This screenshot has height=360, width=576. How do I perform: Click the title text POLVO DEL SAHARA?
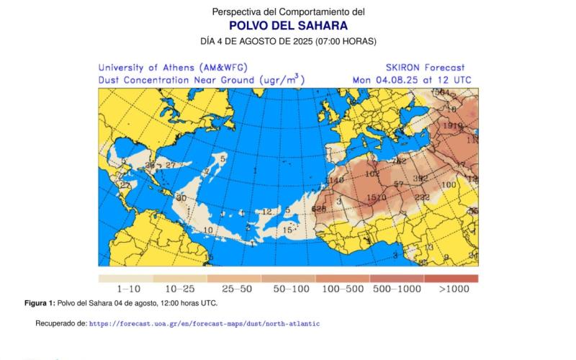(288, 26)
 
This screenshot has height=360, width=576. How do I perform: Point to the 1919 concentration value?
(452, 126)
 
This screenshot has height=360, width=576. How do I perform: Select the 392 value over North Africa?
(420, 179)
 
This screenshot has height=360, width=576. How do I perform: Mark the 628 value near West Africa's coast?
(320, 209)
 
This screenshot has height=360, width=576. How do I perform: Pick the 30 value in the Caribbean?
(181, 198)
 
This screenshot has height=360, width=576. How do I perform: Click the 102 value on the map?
(372, 174)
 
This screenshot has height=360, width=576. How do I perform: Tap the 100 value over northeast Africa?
(449, 185)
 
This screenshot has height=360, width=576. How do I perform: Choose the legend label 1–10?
(125, 289)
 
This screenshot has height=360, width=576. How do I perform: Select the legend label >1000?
(452, 289)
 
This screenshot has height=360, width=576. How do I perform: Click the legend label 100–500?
(343, 289)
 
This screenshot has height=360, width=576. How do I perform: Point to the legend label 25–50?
(234, 289)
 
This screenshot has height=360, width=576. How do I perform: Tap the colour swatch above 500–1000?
(397, 279)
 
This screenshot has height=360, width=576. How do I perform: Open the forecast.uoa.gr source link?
(204, 324)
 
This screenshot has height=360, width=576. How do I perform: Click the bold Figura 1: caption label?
(40, 303)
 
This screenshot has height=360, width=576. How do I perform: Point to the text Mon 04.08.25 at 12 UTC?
(412, 80)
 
